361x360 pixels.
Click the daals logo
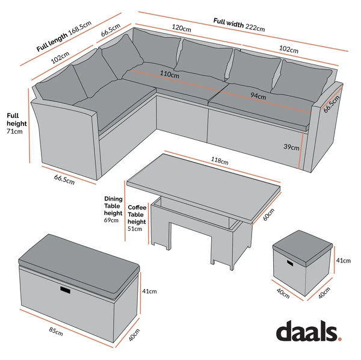tap(309, 331)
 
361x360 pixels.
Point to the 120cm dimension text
tap(182, 28)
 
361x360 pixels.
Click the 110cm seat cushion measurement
tap(170, 74)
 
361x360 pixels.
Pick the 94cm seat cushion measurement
tap(258, 95)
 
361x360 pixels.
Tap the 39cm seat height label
tap(291, 147)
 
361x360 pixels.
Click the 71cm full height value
tap(14, 131)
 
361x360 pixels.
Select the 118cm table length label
tap(220, 161)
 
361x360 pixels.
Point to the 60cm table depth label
tap(269, 215)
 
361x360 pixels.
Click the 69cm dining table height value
tap(111, 220)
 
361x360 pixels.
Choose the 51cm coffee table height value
tap(135, 229)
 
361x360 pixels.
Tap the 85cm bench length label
tap(56, 331)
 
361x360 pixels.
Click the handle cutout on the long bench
tap(66, 290)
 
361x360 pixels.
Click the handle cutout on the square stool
tap(290, 263)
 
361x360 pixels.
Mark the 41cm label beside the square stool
tap(344, 261)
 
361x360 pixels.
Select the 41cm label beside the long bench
tap(149, 291)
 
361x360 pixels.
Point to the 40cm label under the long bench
tap(134, 335)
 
